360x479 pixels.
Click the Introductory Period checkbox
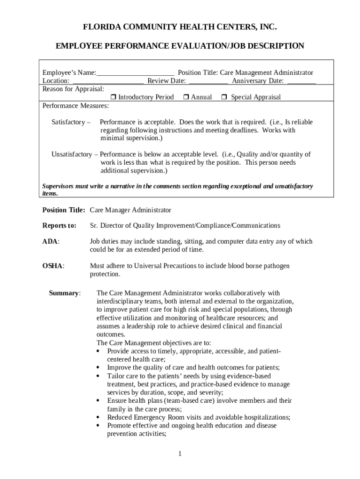pyautogui.click(x=113, y=97)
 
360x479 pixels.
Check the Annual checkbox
pyautogui.click(x=186, y=97)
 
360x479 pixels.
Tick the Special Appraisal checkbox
pyautogui.click(x=224, y=97)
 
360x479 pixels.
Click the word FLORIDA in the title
pyautogui.click(x=100, y=28)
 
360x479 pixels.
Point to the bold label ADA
pyautogui.click(x=50, y=241)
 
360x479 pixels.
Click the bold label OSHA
pyautogui.click(x=53, y=266)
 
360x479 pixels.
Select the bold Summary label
pyautogui.click(x=64, y=293)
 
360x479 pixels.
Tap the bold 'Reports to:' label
pyautogui.click(x=59, y=225)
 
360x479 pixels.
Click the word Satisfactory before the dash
pyautogui.click(x=68, y=122)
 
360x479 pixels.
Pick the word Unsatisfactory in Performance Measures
pyautogui.click(x=72, y=154)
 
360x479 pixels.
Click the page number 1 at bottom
pyautogui.click(x=180, y=454)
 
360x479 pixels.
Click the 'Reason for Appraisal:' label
pyautogui.click(x=73, y=88)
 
